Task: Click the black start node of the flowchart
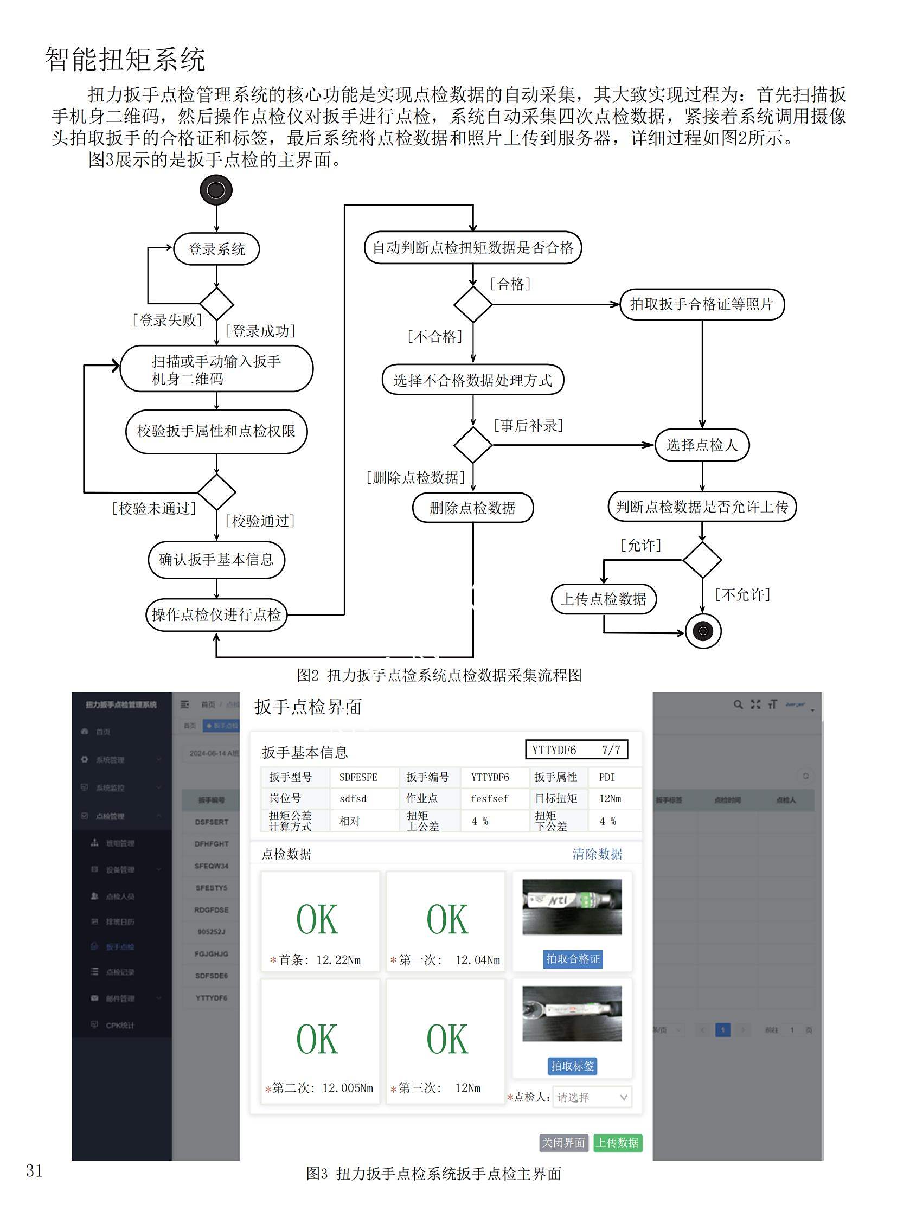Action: point(216,190)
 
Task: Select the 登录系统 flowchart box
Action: point(216,249)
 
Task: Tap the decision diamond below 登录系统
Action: point(216,304)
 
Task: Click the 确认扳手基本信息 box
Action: point(216,559)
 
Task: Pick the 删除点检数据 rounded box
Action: point(472,508)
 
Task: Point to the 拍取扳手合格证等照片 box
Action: point(702,304)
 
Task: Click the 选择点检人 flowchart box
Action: point(702,445)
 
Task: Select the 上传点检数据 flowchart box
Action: point(603,599)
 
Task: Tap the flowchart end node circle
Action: point(703,631)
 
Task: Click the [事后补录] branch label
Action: point(528,425)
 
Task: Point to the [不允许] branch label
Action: point(743,594)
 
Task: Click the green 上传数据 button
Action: point(617,1143)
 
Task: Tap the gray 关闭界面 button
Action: point(563,1143)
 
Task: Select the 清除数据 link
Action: point(597,854)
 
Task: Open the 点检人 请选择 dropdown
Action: point(592,1098)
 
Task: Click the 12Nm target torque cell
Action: point(610,798)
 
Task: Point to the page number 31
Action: point(34,1170)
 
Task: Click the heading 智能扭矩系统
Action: point(125,59)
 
